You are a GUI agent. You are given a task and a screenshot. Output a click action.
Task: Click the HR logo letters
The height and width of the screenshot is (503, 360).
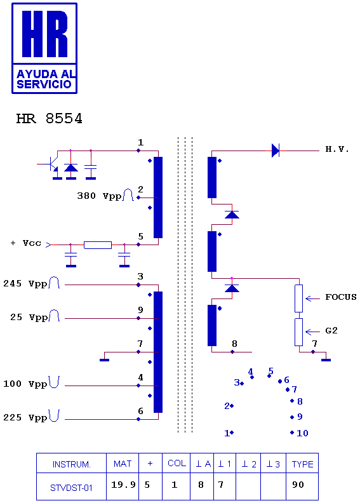[45, 34]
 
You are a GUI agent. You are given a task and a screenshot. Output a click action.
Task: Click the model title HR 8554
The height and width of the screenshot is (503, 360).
[50, 119]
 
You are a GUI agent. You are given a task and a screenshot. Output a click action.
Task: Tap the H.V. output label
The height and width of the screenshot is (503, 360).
[337, 149]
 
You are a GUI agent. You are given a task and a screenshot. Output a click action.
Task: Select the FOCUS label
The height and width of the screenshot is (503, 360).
[341, 297]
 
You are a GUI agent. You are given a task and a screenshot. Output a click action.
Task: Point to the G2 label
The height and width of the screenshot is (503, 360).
[331, 331]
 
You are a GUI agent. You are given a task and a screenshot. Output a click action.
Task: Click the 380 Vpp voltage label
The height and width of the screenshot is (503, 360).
[100, 196]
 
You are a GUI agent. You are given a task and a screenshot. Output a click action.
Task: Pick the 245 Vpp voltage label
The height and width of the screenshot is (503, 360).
[25, 284]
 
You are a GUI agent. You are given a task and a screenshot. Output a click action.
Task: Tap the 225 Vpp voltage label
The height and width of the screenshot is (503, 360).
[25, 418]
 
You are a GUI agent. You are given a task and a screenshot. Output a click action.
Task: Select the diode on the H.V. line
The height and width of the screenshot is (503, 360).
[276, 151]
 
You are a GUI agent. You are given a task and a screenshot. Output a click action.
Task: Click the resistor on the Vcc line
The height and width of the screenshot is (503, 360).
[98, 245]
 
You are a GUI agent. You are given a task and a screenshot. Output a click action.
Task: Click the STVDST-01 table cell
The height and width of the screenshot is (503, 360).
[71, 488]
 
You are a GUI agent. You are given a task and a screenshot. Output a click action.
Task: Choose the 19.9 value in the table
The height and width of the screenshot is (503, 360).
[123, 485]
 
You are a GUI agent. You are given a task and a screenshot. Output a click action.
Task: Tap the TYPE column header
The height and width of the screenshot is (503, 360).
[302, 464]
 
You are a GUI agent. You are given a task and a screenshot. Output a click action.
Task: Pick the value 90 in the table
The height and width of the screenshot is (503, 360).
[298, 485]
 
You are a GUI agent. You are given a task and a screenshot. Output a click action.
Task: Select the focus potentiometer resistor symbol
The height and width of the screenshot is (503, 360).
[298, 298]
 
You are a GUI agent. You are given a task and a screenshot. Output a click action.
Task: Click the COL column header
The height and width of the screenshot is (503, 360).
[177, 463]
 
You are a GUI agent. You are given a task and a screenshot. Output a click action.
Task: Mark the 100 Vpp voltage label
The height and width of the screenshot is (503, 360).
[25, 384]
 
